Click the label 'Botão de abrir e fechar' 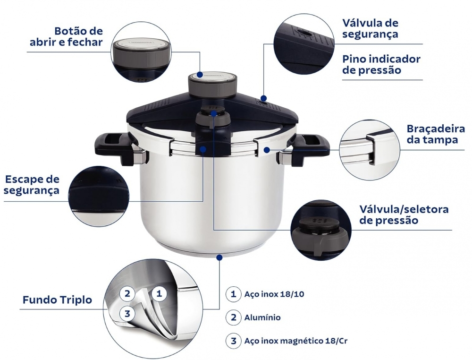[66, 36]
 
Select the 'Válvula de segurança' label [370, 28]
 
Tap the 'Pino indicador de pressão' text [381, 64]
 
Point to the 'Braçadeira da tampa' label [436, 134]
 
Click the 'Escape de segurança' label [32, 185]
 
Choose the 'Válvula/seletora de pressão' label [404, 214]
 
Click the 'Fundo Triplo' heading [57, 300]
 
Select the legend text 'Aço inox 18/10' [274, 294]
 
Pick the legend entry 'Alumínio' [262, 317]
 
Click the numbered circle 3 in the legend [234, 341]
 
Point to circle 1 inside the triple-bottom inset [159, 293]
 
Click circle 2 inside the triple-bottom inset [127, 293]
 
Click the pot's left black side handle [113, 147]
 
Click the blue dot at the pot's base [219, 257]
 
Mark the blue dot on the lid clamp [266, 150]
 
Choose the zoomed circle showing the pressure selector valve [321, 230]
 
